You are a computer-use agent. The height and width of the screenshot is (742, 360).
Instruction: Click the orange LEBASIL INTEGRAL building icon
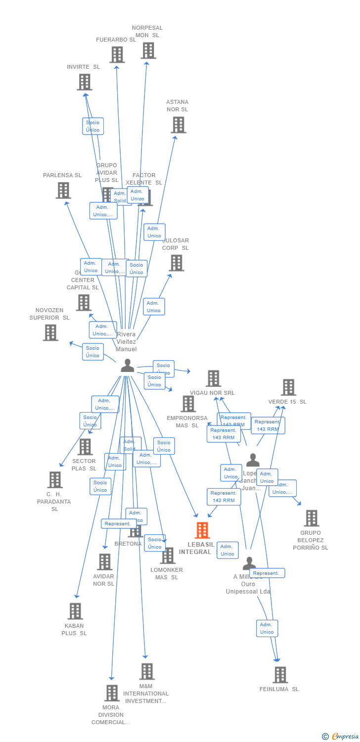(202, 530)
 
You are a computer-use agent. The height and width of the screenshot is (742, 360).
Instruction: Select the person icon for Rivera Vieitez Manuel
(128, 366)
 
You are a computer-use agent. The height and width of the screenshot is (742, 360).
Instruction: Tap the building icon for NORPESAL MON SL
(148, 50)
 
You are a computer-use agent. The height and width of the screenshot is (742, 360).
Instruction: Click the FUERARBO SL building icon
(117, 54)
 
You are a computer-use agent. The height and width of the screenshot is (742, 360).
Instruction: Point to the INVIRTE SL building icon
(85, 82)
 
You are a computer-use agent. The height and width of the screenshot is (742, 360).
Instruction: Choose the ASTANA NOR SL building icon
(178, 125)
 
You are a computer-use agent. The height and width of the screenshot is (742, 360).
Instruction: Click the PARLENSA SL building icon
(63, 190)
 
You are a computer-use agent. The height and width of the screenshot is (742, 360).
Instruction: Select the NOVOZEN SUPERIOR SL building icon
(50, 332)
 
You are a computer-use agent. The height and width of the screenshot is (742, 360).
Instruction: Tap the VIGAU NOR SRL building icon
(213, 378)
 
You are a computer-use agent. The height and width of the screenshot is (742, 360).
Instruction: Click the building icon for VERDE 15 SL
(288, 387)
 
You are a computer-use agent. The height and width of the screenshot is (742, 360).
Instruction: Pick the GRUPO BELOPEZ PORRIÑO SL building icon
(311, 518)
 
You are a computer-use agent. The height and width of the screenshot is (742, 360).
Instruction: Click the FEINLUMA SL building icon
(280, 675)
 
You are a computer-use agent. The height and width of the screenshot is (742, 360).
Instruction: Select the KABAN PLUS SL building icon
(75, 611)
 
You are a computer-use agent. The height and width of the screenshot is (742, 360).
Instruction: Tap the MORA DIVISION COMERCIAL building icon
(112, 693)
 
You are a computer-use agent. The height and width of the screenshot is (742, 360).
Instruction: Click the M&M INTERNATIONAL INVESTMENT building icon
(147, 672)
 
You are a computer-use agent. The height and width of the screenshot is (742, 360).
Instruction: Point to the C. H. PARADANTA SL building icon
(55, 480)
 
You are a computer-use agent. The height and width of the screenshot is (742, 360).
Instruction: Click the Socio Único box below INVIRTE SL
(92, 126)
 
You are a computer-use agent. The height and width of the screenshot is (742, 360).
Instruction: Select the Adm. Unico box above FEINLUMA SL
(267, 628)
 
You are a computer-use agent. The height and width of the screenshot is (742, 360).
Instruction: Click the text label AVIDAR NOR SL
(104, 580)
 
